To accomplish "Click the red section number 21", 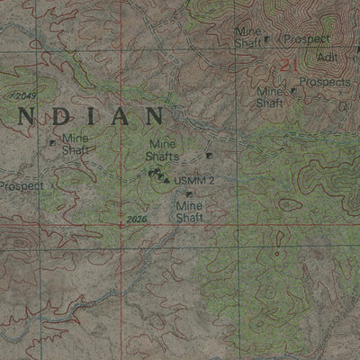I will [x=288, y=65].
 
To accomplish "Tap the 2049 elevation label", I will [x=24, y=95].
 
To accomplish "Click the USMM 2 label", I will [x=194, y=181].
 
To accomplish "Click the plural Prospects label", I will [x=325, y=82].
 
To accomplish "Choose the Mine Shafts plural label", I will [x=163, y=149].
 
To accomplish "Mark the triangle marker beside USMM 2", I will [x=167, y=180].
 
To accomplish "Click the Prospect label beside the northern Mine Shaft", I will [x=307, y=40].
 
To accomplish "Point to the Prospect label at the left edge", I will [x=20, y=186].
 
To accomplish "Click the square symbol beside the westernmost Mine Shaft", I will [x=52, y=142].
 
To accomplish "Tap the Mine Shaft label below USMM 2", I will [x=190, y=211].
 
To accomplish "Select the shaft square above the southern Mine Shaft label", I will [x=189, y=193].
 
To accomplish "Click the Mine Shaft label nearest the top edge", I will [x=247, y=36].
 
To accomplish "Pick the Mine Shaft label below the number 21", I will [x=270, y=96].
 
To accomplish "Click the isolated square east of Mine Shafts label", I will [x=209, y=156].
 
